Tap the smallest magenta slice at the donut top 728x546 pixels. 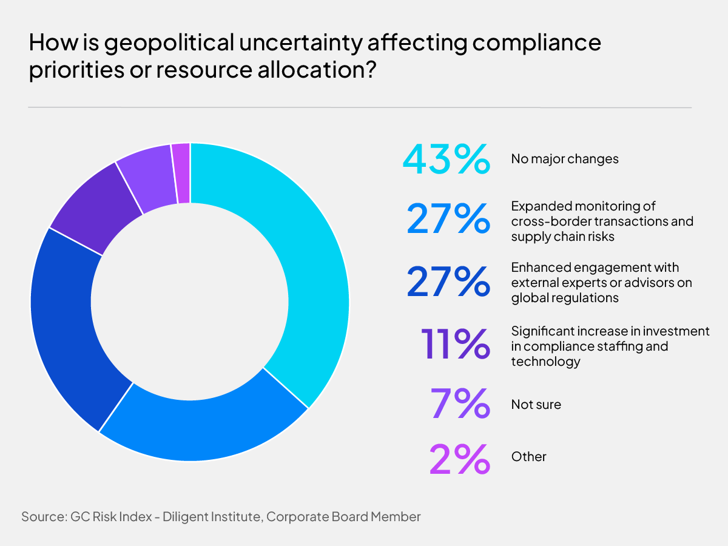click(181, 173)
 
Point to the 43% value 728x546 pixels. click(446, 160)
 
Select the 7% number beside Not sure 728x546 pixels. click(460, 404)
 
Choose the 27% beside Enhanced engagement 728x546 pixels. click(448, 281)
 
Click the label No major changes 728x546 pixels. click(564, 159)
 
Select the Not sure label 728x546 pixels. click(536, 404)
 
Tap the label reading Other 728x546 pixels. click(528, 456)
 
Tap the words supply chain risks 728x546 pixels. click(562, 237)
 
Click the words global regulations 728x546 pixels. click(564, 298)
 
